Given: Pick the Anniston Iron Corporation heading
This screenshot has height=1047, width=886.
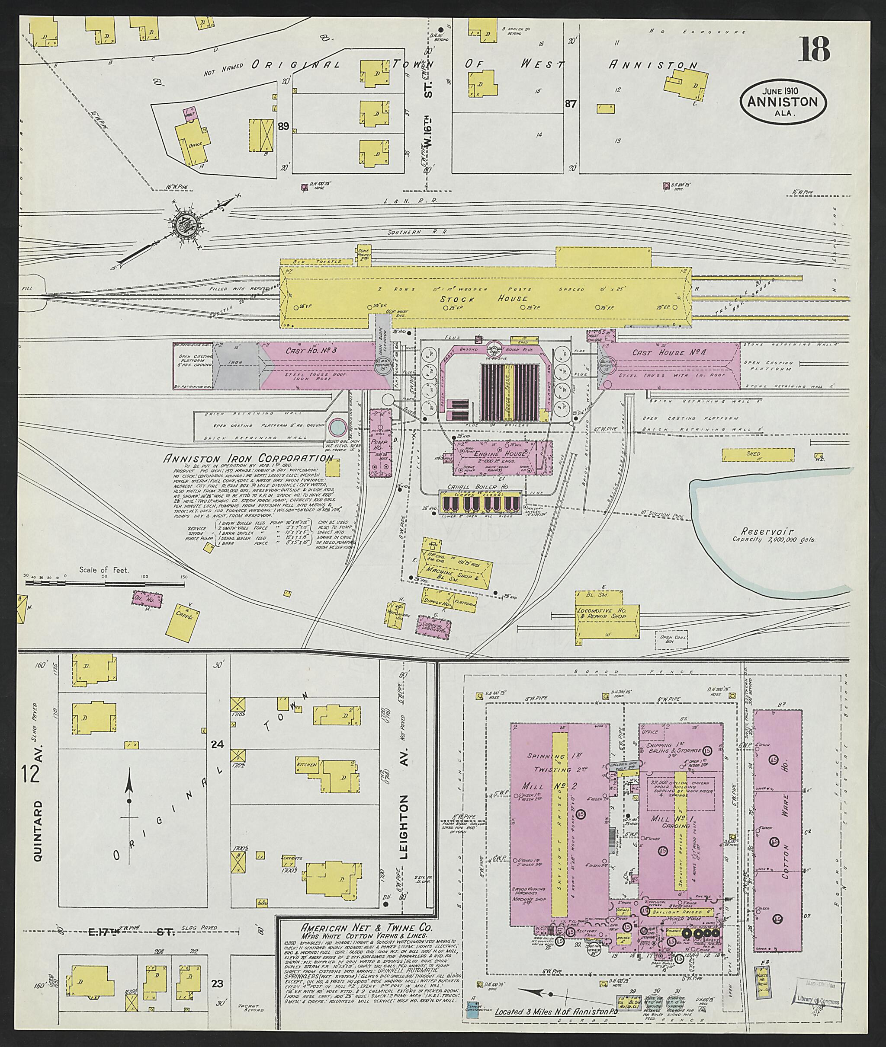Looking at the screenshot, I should pos(247,458).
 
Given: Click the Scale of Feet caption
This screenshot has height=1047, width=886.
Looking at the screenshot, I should pos(103,570).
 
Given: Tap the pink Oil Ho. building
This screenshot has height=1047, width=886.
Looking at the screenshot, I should pos(147,599).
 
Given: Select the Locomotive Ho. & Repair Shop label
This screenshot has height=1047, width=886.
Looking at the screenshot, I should pos(608,613).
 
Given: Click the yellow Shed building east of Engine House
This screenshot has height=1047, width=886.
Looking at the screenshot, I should pos(758,454).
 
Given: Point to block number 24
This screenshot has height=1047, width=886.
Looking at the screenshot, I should pos(217,744).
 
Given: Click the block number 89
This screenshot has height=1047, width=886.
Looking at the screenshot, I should pos(284,127).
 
